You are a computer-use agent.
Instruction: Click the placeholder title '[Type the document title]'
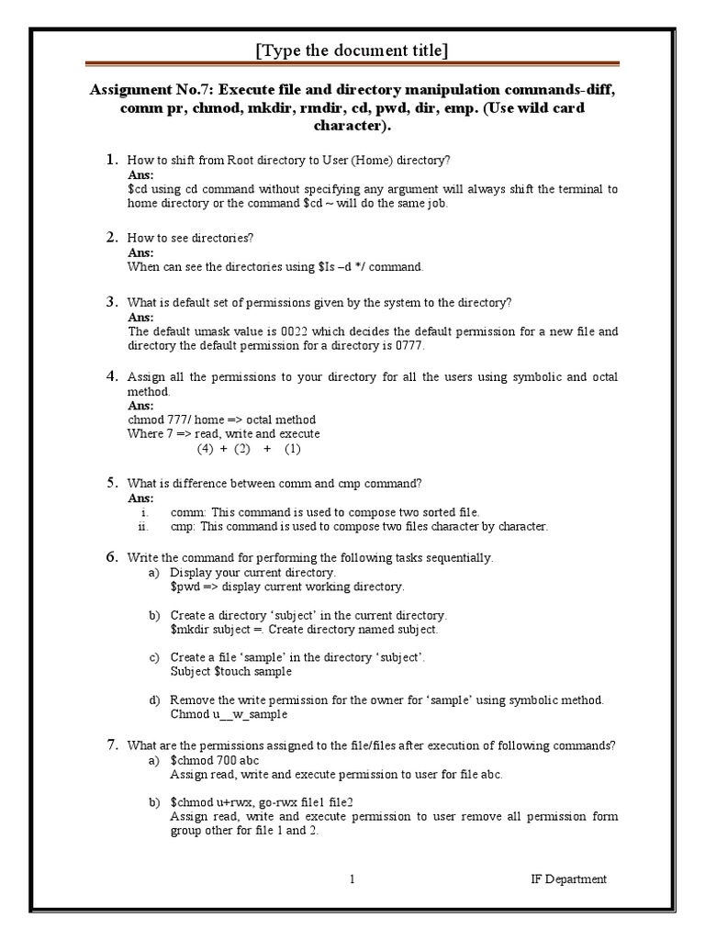352,50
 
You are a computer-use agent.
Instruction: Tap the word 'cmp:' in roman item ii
183,527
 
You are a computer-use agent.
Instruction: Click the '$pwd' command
185,587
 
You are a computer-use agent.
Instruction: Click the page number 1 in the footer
352,879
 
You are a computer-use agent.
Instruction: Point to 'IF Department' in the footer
568,879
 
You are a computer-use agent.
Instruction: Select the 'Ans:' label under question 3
140,317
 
